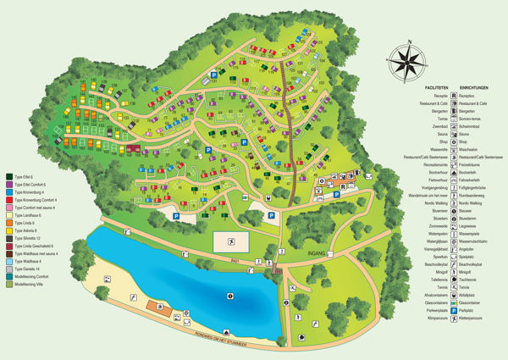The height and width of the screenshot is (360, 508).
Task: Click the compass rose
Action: pyautogui.click(x=406, y=61)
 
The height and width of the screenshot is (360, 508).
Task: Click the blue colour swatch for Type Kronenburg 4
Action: pyautogui.click(x=8, y=191)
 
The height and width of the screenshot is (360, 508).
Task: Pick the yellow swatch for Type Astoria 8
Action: pyautogui.click(x=8, y=230)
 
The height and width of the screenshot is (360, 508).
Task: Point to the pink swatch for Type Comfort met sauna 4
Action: pyautogui.click(x=8, y=208)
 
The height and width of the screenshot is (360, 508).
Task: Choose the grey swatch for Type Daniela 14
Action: pyautogui.click(x=8, y=269)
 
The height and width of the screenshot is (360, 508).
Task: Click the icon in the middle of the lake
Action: pyautogui.click(x=229, y=296)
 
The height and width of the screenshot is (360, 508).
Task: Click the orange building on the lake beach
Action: pyautogui.click(x=154, y=306)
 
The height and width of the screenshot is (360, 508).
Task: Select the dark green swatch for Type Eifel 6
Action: pyautogui.click(x=8, y=176)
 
